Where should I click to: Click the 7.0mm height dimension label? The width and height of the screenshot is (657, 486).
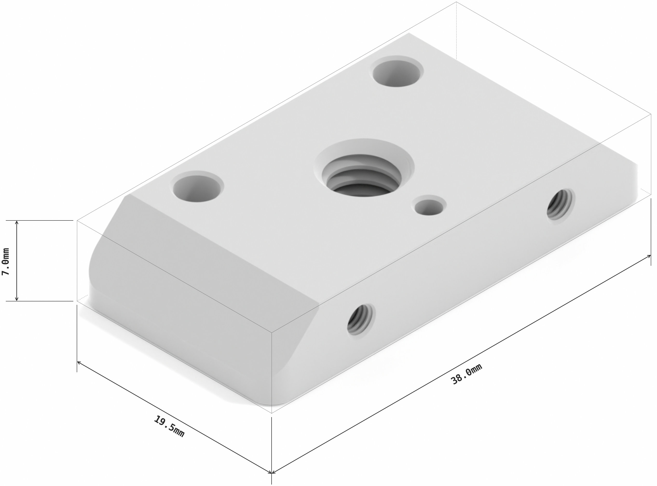pos(6,261)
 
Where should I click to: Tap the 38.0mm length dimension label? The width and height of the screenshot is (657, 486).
pos(467,374)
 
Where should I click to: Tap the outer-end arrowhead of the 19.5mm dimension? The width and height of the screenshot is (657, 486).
pos(79,362)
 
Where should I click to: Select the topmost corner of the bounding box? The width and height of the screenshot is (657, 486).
pos(456,2)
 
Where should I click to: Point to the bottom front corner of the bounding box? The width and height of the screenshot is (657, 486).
pos(272,413)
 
